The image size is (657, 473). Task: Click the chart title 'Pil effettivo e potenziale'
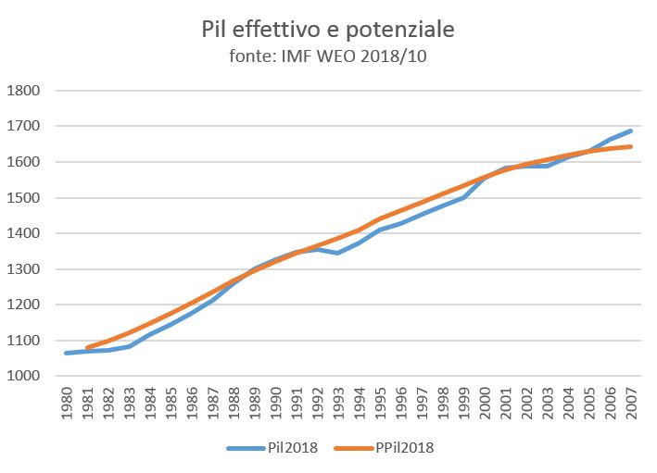(x=328, y=30)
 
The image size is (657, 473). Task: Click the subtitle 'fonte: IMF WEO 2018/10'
(x=328, y=56)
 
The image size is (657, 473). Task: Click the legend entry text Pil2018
(x=293, y=448)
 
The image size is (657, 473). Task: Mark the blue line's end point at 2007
(x=631, y=131)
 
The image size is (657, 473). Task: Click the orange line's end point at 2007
(x=631, y=146)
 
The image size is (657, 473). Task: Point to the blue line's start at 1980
(x=67, y=353)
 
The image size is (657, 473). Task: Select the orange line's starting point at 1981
(x=88, y=348)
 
